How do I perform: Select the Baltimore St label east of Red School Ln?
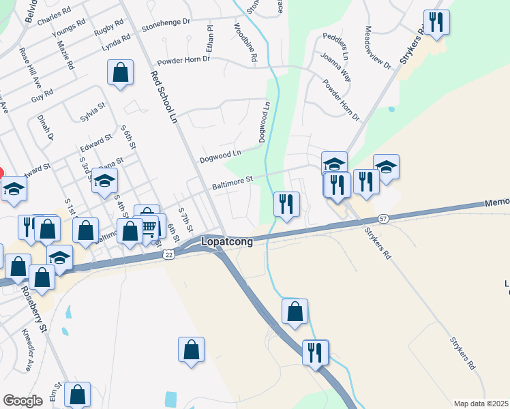tap(232, 181)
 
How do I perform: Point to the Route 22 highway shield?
tap(168, 254)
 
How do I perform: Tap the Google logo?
tap(22, 401)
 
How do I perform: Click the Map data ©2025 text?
tap(481, 404)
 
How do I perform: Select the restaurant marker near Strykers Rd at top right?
tap(436, 23)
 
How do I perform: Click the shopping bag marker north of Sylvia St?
tap(120, 73)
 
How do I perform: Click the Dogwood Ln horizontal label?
tap(220, 157)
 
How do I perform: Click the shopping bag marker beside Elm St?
tap(78, 395)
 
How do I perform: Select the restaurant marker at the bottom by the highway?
tap(316, 352)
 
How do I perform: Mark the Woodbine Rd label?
tap(245, 44)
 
